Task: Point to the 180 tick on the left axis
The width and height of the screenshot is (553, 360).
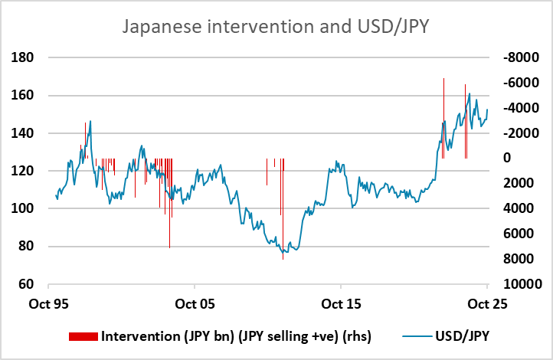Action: point(31,57)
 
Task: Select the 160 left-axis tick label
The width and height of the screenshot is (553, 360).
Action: point(31,95)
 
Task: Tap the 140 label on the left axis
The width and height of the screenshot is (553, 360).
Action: point(31,133)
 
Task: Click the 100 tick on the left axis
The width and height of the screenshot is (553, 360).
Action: point(31,208)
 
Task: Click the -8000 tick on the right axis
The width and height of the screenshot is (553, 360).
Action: point(514,57)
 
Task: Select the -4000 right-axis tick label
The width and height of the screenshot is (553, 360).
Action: point(514,107)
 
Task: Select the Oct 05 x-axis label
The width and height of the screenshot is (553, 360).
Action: point(195,303)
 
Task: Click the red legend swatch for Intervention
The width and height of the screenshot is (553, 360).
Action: point(83,336)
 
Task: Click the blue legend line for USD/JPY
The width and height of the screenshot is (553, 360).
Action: point(416,336)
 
